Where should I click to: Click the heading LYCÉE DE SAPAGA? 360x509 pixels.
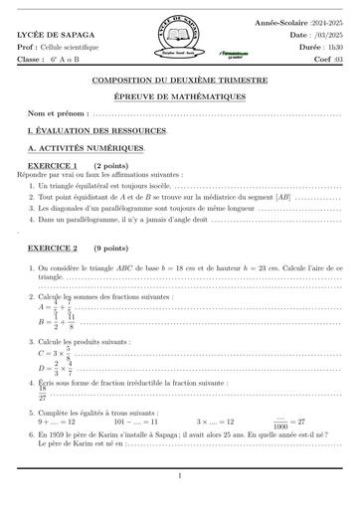click(x=49, y=35)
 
